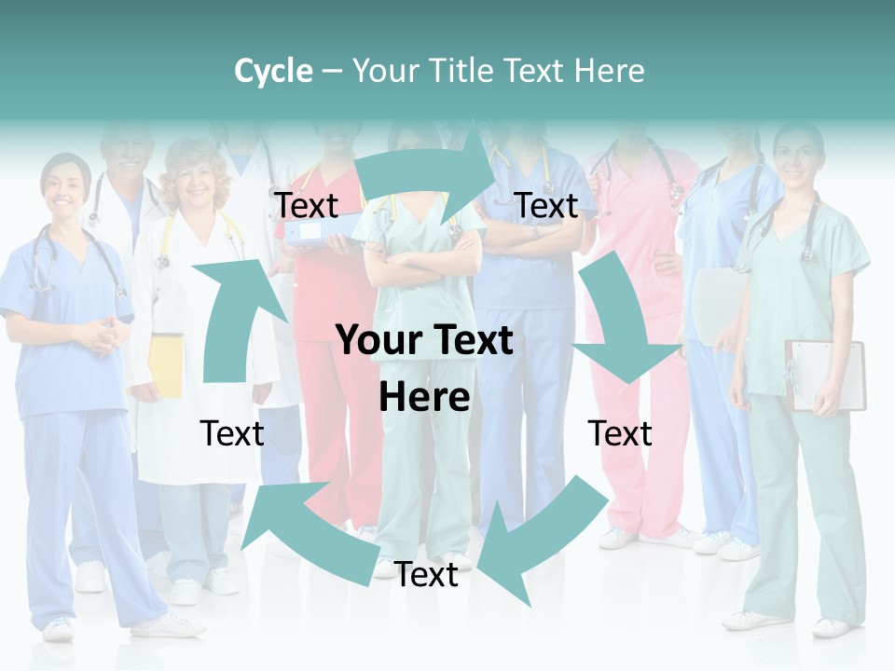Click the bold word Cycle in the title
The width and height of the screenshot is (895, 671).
click(x=273, y=71)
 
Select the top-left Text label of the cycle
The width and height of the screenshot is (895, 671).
click(x=307, y=205)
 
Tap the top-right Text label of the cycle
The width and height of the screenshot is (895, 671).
click(x=546, y=205)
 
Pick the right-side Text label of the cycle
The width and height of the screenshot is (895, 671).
click(x=620, y=433)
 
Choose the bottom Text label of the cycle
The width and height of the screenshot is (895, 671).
click(x=426, y=575)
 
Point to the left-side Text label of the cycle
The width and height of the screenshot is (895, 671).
click(x=232, y=433)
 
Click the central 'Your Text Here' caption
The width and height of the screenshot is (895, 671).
click(x=425, y=368)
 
